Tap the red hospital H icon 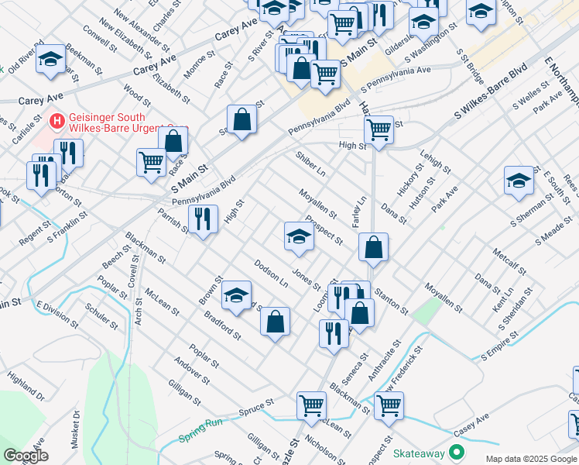pos(56,121)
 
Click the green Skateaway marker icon pos(457,451)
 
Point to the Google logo pos(25,456)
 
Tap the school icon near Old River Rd pos(50,60)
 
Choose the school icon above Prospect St pos(299,236)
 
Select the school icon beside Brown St pos(237,294)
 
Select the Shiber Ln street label pos(310,164)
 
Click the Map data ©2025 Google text pos(530,459)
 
